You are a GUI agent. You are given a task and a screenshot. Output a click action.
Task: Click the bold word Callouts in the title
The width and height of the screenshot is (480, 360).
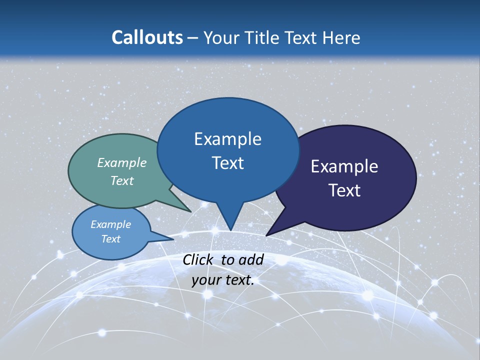(x=147, y=37)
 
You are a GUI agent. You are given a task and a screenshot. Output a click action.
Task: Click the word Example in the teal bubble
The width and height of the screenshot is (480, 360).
(x=122, y=162)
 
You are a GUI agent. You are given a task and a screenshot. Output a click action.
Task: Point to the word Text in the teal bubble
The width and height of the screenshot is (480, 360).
(x=122, y=180)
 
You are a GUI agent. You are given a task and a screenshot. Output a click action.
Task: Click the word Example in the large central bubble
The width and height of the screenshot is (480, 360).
(x=227, y=139)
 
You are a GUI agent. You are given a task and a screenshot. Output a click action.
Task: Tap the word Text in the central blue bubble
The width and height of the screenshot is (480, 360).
(x=228, y=163)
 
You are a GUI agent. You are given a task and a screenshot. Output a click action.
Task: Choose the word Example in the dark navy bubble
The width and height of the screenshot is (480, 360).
(x=344, y=166)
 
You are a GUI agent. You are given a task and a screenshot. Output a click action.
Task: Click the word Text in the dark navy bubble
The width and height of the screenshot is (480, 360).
(x=345, y=190)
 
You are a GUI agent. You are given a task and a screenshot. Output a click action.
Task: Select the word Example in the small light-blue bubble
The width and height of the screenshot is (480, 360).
(x=111, y=224)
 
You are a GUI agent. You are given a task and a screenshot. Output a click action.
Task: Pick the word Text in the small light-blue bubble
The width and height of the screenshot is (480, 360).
(x=111, y=239)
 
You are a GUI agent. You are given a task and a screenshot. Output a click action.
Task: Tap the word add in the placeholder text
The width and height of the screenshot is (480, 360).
(x=251, y=259)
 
